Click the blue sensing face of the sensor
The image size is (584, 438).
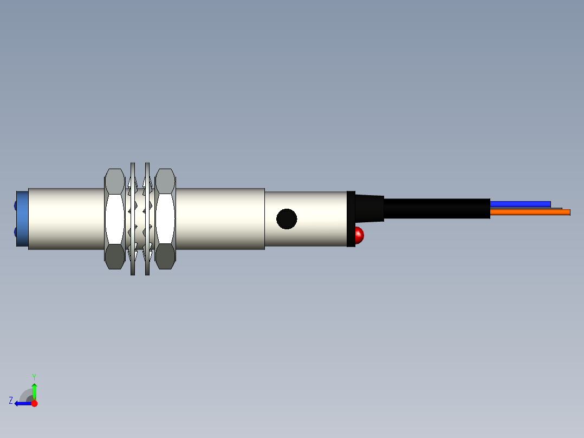[22, 218]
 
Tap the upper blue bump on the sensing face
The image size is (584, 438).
[15, 205]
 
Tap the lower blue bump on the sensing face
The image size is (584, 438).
[15, 232]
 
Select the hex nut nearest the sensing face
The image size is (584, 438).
[114, 218]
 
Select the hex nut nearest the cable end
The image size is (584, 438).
[165, 218]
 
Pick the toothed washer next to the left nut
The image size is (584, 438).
[133, 218]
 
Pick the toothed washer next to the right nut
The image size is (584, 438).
[147, 218]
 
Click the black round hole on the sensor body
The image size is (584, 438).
[287, 219]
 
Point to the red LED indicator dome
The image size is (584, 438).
[359, 235]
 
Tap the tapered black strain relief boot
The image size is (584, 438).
[370, 208]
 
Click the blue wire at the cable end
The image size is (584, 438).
[520, 204]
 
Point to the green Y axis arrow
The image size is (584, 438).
[34, 390]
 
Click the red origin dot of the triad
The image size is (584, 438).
[34, 403]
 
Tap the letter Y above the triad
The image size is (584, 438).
[34, 376]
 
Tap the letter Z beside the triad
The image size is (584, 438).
[11, 400]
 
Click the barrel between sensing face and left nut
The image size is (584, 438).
[65, 218]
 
